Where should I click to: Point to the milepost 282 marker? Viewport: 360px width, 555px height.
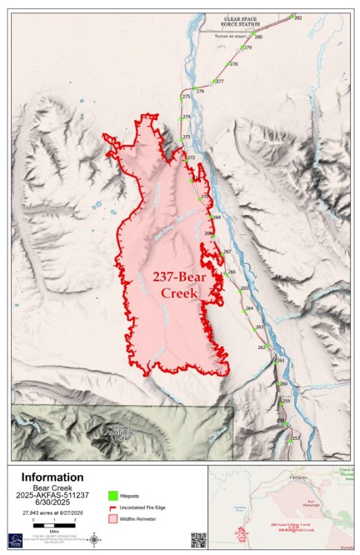click(x=292, y=17)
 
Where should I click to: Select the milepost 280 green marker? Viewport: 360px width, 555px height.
click(x=253, y=36)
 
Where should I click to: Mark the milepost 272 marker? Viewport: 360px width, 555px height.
click(x=185, y=157)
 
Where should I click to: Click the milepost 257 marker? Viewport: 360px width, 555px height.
click(x=290, y=439)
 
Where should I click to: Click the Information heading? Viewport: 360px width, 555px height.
click(x=52, y=477)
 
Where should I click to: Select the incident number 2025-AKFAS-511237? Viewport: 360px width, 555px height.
click(x=53, y=495)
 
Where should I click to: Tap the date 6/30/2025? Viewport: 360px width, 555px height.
click(x=53, y=502)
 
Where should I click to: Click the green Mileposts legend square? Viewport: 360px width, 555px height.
click(x=112, y=495)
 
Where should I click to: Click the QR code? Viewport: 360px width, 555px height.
click(x=198, y=540)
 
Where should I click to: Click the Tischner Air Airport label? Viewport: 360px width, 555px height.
click(x=232, y=35)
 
